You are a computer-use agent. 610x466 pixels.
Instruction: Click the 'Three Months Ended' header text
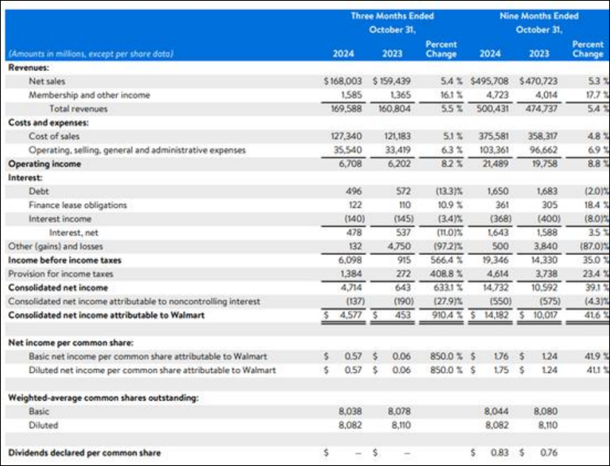coord(392,16)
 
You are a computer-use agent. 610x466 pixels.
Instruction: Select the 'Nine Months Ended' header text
coord(539,16)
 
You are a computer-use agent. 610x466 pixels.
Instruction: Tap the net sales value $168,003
coord(343,81)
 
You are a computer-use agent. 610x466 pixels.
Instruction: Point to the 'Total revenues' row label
coord(78,109)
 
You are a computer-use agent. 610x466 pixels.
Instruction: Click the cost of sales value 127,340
coord(346,136)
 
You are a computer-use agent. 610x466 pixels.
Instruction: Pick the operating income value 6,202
coord(399,164)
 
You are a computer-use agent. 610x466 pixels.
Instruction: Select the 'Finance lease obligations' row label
coord(78,205)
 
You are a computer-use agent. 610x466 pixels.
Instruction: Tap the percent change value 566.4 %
coord(446,260)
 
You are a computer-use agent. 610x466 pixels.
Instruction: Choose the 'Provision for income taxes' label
coord(61,274)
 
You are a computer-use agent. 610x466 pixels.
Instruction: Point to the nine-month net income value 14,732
coord(496,287)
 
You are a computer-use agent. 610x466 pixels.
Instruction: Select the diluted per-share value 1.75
coord(501,370)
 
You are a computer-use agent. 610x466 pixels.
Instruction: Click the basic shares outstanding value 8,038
coord(350,412)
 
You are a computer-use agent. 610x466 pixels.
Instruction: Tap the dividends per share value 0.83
coord(500,453)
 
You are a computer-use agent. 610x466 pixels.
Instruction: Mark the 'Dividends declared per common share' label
coord(84,453)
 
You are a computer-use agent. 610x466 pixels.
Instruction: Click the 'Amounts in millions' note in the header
coord(91,54)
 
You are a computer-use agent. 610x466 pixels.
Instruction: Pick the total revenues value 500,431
coord(493,109)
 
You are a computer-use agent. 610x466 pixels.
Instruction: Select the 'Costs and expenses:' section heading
coord(48,122)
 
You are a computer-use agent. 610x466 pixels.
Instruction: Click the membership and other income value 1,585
coord(352,95)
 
